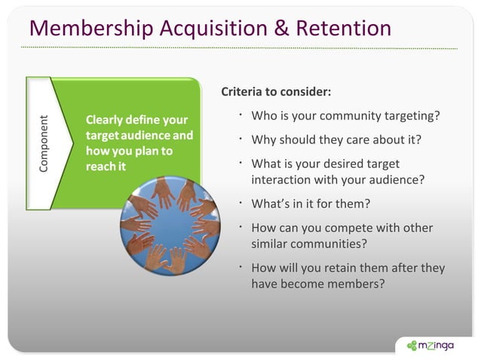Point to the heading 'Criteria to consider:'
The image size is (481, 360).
[x=276, y=93]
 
